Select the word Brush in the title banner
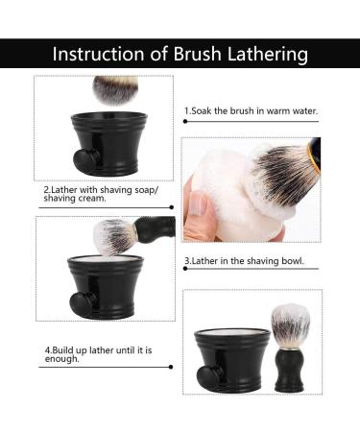click(x=193, y=53)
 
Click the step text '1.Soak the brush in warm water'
click(x=251, y=111)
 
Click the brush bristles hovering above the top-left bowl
click(x=114, y=89)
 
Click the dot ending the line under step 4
click(x=171, y=367)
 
